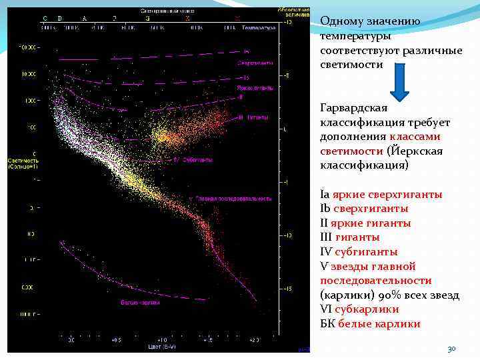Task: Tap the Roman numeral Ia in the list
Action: pyautogui.click(x=325, y=194)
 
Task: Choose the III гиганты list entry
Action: pyautogui.click(x=350, y=237)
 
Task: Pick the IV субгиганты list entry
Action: pyautogui.click(x=359, y=251)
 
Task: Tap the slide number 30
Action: pyautogui.click(x=451, y=349)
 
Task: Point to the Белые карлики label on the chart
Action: pyautogui.click(x=140, y=303)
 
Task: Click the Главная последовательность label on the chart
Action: pyautogui.click(x=233, y=198)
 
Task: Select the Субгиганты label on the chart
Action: pyautogui.click(x=197, y=160)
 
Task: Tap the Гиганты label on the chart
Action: pyautogui.click(x=257, y=117)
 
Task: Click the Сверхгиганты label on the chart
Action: pyautogui.click(x=255, y=63)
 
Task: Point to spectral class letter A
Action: pyautogui.click(x=84, y=18)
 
